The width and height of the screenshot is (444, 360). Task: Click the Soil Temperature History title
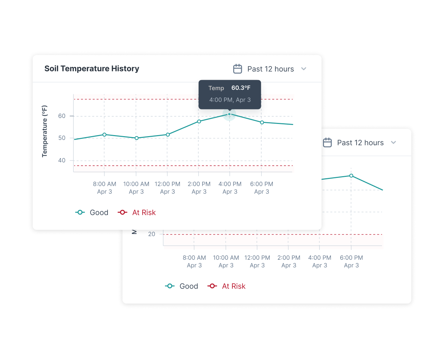point(92,69)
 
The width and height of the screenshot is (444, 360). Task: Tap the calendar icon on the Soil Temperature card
point(238,69)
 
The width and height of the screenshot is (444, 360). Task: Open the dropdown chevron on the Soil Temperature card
point(304,69)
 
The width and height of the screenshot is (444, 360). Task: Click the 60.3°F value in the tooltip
point(241,88)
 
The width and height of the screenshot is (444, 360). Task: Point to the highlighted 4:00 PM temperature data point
point(229,114)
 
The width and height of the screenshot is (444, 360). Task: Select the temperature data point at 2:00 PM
point(199,122)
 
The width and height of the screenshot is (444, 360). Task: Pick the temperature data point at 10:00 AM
point(136,138)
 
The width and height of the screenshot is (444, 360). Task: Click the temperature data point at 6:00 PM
point(262,122)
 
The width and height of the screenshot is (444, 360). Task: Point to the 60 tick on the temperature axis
point(62,116)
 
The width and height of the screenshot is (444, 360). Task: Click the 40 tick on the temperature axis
point(62,161)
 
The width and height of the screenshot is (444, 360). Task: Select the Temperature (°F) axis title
point(45,131)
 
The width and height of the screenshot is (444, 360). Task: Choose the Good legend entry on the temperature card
point(92,212)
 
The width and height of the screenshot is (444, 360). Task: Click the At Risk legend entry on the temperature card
point(137,212)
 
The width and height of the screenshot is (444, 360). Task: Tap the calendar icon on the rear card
point(327,142)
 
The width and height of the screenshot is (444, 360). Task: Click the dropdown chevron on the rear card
point(394,142)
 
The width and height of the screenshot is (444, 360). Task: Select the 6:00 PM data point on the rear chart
point(351,176)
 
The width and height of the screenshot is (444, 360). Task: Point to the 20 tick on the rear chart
point(152,234)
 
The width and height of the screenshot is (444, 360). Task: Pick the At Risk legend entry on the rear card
point(227,286)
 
